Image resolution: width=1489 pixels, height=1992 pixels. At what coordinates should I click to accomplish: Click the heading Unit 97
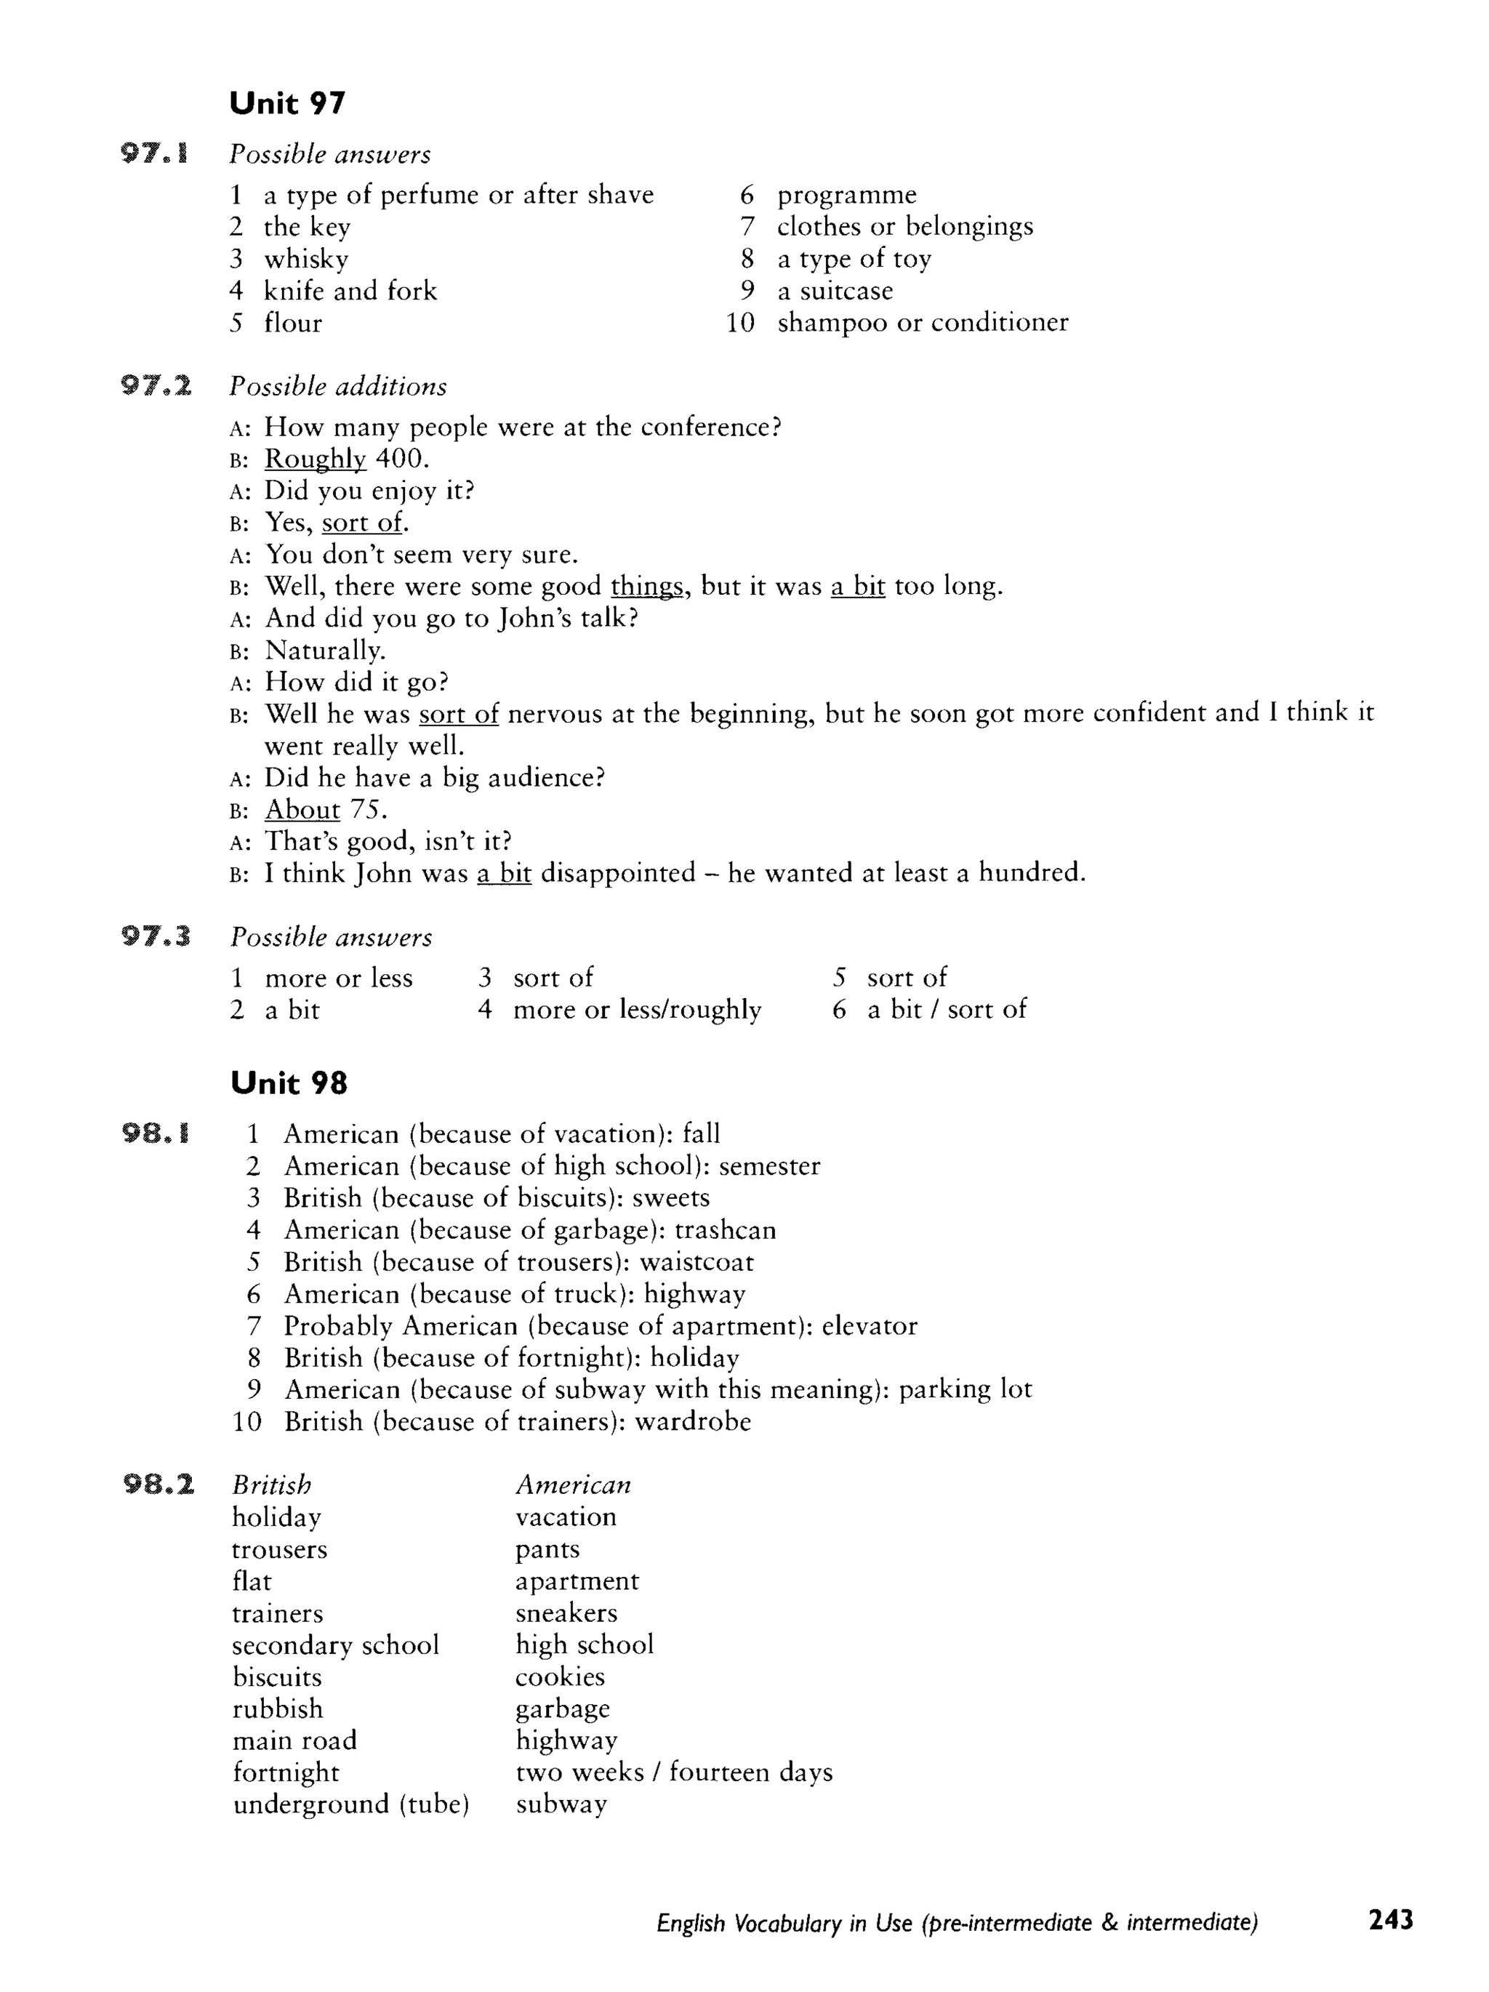pos(287,103)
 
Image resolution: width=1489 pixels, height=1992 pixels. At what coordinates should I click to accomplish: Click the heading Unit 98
pos(288,1083)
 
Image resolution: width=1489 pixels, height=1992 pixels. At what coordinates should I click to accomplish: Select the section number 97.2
pos(156,386)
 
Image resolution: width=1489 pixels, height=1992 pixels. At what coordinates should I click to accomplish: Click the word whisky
pos(306,260)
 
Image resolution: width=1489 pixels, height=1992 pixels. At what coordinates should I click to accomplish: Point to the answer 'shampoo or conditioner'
pos(923,322)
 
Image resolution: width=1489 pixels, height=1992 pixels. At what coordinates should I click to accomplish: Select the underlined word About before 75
pos(302,810)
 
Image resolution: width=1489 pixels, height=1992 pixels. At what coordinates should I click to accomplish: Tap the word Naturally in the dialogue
pos(324,650)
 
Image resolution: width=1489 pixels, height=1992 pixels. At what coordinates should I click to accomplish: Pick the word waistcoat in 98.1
pos(697,1261)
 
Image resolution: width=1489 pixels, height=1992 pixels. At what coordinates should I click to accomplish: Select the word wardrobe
pos(693,1422)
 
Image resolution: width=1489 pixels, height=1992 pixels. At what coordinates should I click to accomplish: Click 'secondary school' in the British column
pos(335,1645)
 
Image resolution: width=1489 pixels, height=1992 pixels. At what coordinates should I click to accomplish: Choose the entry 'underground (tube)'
pos(351,1804)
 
